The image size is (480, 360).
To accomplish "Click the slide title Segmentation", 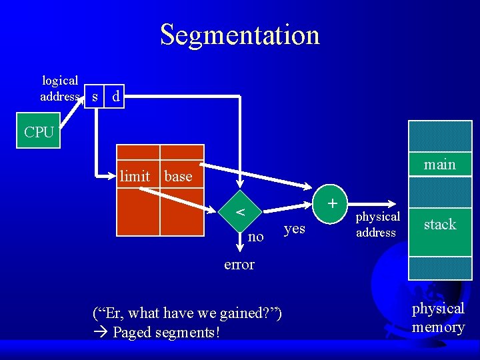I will point(239,35).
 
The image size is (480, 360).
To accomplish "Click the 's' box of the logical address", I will point(95,97).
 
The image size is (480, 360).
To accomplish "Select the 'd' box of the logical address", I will point(116,97).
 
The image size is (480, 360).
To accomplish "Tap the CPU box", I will point(39,131).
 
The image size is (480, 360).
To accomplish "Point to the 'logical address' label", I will point(60,89).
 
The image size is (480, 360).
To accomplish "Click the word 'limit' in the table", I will point(135,177).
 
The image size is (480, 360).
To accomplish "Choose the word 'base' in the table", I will point(178,177).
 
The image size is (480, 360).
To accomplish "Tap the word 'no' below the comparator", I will point(255,237).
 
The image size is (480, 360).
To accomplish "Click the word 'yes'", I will point(294,229).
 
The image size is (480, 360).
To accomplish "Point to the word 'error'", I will point(239,265).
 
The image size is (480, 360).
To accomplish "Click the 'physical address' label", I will point(377,225).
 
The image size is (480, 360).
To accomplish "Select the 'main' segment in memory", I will point(439,164).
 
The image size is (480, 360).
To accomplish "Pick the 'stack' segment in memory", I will point(439,225).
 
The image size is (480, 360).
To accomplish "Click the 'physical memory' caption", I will point(438,317).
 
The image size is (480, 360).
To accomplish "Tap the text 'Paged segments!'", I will point(166,331).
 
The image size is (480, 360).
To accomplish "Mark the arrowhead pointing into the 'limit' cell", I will point(113,176).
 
